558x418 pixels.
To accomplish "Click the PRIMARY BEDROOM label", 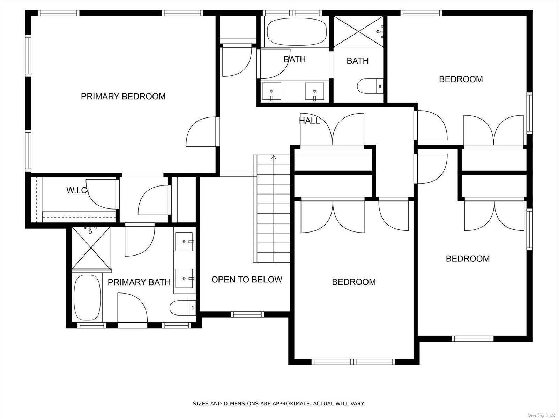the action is click(123, 97).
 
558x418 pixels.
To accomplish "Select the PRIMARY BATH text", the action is click(139, 282).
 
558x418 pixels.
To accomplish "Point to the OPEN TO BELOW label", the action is click(247, 279).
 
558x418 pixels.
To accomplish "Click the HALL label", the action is click(310, 121).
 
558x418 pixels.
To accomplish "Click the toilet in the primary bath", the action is click(183, 308).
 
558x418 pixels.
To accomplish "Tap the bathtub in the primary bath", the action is click(87, 298).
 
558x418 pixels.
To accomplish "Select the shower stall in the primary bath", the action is click(91, 248).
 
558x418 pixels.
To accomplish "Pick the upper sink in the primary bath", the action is click(184, 242).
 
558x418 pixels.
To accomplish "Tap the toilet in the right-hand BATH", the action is click(370, 86).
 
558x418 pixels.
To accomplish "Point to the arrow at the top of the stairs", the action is click(274, 158).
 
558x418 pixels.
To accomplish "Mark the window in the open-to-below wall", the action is click(247, 314).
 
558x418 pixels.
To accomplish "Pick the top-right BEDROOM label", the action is click(461, 79).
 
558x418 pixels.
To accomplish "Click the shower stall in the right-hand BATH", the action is click(358, 32).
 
